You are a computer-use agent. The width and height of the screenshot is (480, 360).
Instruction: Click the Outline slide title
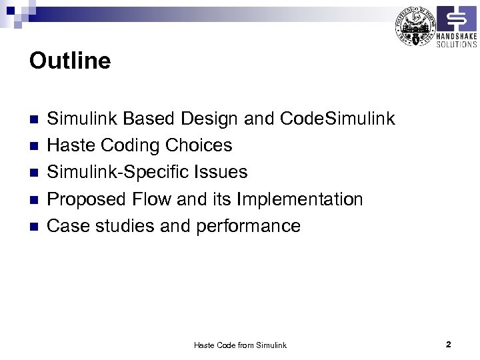pyautogui.click(x=70, y=61)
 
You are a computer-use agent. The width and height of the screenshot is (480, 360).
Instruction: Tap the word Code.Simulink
pyautogui.click(x=338, y=119)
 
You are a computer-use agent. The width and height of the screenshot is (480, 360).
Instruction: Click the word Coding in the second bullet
pyautogui.click(x=132, y=146)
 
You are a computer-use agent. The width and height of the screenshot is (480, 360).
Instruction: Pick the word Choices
pyautogui.click(x=199, y=146)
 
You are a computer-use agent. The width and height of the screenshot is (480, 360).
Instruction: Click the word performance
pyautogui.click(x=248, y=226)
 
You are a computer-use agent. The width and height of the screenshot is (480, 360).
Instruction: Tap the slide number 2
pyautogui.click(x=449, y=345)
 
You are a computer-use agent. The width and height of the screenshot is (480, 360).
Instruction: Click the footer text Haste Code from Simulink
pyautogui.click(x=240, y=345)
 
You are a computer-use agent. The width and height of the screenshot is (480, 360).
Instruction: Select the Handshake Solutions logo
pyautogui.click(x=456, y=27)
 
